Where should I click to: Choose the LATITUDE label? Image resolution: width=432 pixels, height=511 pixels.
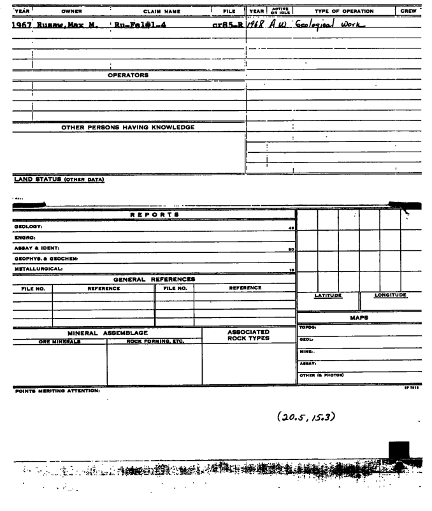327,295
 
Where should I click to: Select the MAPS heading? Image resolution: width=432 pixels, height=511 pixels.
362,317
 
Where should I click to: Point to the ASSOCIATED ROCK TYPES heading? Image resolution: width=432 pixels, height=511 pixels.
248,336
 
